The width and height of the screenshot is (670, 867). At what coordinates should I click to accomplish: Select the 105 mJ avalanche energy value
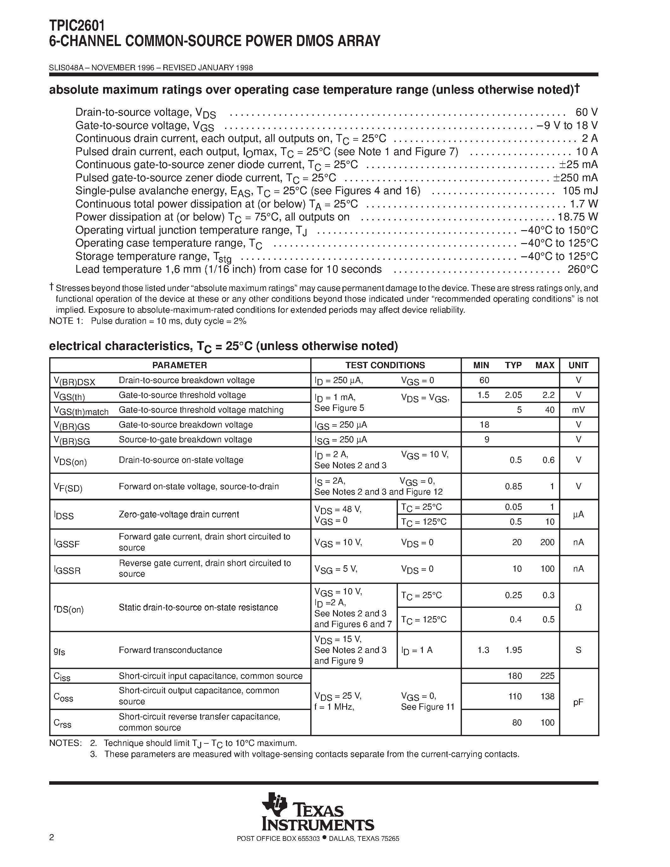[580, 191]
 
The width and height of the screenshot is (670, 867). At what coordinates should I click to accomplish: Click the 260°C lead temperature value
[582, 270]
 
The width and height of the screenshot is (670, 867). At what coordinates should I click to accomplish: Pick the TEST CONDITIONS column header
[385, 365]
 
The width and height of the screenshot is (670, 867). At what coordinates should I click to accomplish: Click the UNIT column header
[578, 365]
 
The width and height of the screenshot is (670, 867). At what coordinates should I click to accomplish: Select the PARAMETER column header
[179, 365]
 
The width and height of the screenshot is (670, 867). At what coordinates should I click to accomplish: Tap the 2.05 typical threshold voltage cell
[513, 395]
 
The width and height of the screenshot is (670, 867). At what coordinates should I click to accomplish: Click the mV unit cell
[578, 410]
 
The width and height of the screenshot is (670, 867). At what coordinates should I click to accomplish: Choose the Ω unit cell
[578, 608]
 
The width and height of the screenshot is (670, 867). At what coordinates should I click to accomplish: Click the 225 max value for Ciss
[547, 676]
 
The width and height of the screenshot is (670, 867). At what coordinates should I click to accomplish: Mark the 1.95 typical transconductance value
[513, 650]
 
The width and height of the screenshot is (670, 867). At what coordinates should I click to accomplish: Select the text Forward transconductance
[170, 650]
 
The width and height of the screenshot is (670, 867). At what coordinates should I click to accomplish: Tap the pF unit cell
[578, 702]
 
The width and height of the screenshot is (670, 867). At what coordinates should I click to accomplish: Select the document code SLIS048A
[66, 68]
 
